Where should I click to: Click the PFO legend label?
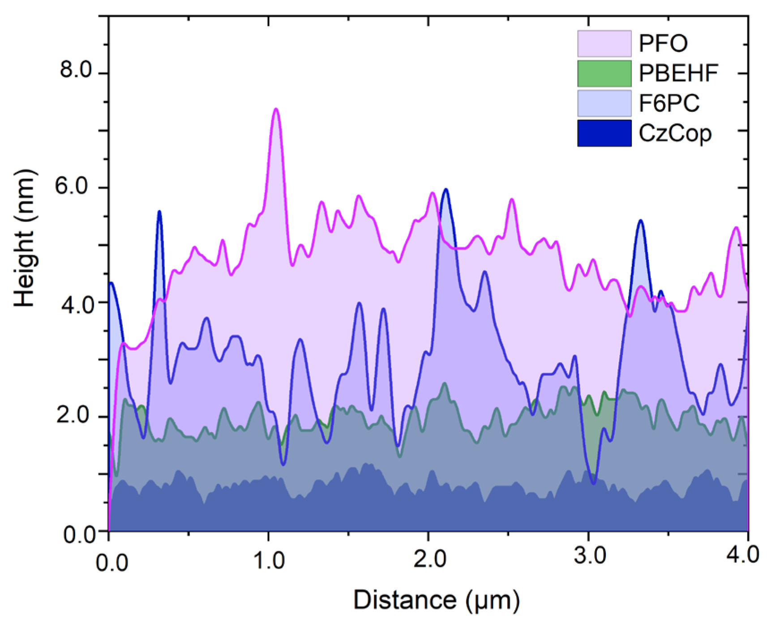[663, 43]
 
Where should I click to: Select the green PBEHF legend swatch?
[604, 73]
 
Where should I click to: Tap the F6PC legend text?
[669, 103]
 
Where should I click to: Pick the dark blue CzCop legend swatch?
[604, 133]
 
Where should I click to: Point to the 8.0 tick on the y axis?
[75, 71]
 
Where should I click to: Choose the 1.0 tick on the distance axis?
[269, 560]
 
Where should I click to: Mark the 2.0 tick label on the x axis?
[429, 560]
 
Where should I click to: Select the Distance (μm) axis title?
[437, 600]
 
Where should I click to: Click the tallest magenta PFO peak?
[276, 109]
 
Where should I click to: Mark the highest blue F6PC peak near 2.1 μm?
[446, 190]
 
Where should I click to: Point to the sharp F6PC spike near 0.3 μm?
[159, 212]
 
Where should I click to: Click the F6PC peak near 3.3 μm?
[641, 221]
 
